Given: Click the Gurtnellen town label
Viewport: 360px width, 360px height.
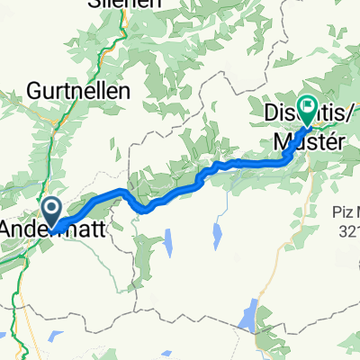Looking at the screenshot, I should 79,91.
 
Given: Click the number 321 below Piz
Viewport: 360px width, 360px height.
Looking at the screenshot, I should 346,229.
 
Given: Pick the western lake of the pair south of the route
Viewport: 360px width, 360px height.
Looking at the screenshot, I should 167,242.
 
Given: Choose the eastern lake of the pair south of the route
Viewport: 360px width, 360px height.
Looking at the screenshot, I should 217,235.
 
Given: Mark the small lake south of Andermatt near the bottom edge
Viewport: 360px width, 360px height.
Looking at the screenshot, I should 55,337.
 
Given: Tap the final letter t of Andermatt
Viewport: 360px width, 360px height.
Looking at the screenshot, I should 102,229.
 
